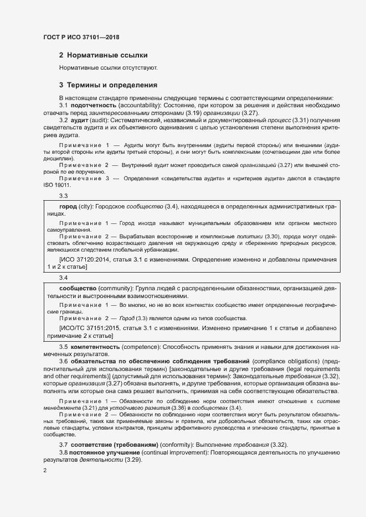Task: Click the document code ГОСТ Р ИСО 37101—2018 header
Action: click(81, 37)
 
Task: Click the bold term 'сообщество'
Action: click(79, 289)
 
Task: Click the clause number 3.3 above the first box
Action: click(63, 196)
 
